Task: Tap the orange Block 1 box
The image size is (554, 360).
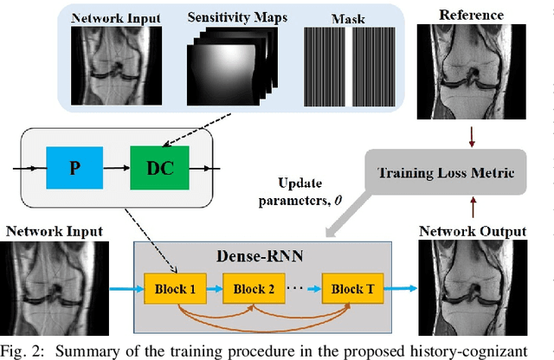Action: (177, 288)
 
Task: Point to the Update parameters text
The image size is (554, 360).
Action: (300, 192)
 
